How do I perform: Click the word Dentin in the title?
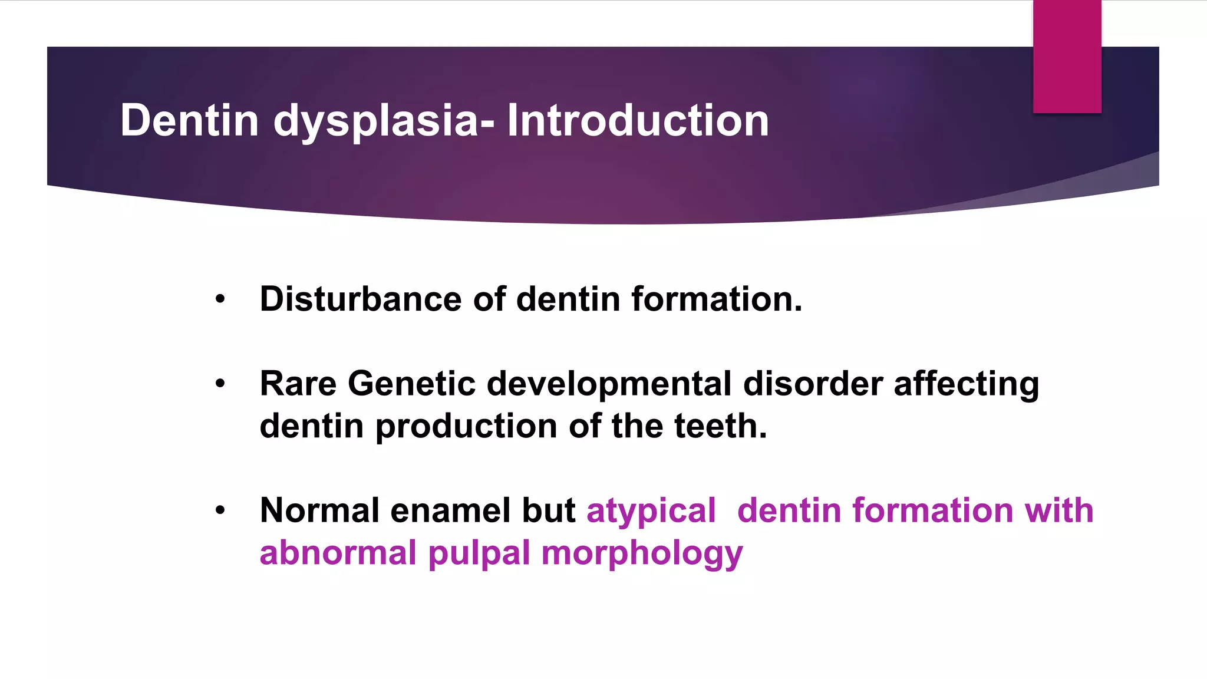coord(189,120)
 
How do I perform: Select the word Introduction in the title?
coord(638,120)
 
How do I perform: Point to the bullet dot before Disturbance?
coord(220,299)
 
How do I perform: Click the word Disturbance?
coord(361,299)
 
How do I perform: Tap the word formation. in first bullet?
coord(717,299)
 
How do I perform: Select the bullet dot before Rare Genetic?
coord(220,384)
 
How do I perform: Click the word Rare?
coord(298,384)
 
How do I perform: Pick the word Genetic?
coord(411,384)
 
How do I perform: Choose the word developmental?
coord(609,384)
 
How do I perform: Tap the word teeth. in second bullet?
coord(720,426)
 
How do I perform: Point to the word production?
coord(466,427)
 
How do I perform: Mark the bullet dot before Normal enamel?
coord(220,510)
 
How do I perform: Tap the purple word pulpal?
coord(479,554)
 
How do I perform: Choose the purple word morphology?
coord(642,554)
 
